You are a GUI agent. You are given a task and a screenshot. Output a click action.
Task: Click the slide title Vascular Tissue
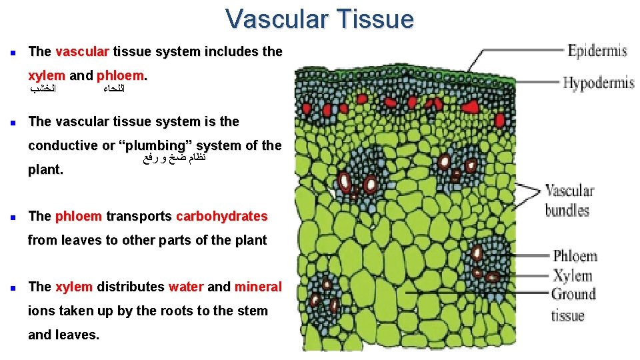pyautogui.click(x=319, y=19)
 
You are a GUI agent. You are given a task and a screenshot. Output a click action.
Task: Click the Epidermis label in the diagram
pyautogui.click(x=597, y=50)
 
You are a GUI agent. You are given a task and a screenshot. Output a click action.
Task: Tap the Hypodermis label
pyautogui.click(x=598, y=83)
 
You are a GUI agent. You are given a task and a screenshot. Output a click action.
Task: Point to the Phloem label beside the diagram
pyautogui.click(x=575, y=256)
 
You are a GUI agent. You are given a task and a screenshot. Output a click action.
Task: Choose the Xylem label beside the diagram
pyautogui.click(x=572, y=275)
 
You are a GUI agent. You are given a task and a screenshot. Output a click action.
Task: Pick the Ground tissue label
pyautogui.click(x=573, y=304)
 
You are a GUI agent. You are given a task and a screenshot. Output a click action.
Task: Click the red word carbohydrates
pyautogui.click(x=221, y=216)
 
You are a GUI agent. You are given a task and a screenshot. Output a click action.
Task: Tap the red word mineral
pyautogui.click(x=258, y=287)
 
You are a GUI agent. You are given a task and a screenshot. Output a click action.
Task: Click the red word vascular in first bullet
pyautogui.click(x=83, y=51)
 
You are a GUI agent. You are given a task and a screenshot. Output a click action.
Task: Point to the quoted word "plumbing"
pyautogui.click(x=152, y=145)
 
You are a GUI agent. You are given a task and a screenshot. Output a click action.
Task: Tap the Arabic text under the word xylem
pyautogui.click(x=45, y=89)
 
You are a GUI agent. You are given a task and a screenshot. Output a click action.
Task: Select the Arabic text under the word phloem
pyautogui.click(x=115, y=89)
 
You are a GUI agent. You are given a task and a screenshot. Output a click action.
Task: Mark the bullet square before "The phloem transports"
pyautogui.click(x=13, y=217)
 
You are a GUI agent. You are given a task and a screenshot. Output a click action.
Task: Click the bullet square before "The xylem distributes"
pyautogui.click(x=13, y=287)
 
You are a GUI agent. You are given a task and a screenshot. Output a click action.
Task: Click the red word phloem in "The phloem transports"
pyautogui.click(x=79, y=216)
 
